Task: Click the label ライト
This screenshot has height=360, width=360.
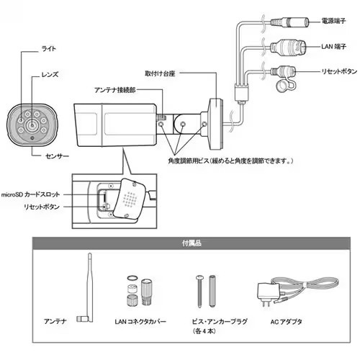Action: (49, 49)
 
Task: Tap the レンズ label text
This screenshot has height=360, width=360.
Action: (50, 74)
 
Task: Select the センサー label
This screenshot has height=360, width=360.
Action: (57, 156)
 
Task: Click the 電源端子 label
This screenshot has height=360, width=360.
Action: (333, 21)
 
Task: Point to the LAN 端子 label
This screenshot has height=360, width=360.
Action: (333, 46)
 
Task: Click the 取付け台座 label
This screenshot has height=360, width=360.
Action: (160, 73)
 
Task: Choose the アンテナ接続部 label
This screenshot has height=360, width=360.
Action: (115, 90)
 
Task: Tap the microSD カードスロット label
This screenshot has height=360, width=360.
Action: (30, 194)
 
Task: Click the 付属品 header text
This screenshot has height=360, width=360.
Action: (192, 243)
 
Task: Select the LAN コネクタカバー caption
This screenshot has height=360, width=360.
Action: (140, 321)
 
